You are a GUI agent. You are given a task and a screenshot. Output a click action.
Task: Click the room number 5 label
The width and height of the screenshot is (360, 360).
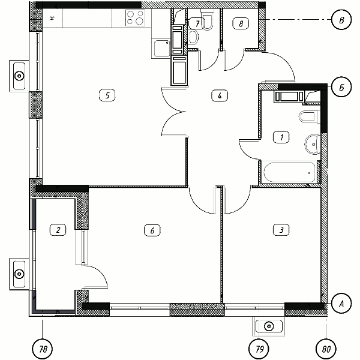point(107,95)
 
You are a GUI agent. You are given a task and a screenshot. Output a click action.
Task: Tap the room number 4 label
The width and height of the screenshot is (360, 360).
point(220,95)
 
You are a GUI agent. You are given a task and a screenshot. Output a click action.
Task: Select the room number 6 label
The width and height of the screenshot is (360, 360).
point(152,230)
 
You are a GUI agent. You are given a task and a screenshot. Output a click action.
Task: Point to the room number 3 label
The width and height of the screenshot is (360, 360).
point(281,230)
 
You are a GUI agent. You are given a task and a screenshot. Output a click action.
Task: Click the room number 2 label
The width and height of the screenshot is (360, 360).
point(58,230)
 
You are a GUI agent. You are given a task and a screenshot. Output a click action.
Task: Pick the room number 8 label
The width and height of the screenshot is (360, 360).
point(241,23)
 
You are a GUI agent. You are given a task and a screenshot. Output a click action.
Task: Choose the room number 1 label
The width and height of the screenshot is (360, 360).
point(281,137)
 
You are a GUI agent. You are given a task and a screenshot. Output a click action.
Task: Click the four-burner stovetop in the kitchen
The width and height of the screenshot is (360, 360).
point(135,17)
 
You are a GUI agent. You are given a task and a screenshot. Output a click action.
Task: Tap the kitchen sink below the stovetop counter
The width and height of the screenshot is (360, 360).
point(162,49)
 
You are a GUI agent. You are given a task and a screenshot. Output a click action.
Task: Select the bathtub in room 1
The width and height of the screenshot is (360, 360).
point(290,172)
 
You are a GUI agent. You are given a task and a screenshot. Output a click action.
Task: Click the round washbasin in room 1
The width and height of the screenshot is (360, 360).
point(313,145)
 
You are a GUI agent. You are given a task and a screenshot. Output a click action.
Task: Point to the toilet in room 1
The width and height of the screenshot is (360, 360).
point(310,117)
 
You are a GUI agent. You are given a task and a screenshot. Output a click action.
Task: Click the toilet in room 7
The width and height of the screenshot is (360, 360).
point(208,20)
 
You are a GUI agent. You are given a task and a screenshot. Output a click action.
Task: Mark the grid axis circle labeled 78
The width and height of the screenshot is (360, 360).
point(42,349)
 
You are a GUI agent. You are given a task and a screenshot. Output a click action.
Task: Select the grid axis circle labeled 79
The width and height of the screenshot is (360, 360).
point(259,349)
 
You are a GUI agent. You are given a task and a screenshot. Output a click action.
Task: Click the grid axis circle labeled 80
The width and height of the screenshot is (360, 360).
point(326,349)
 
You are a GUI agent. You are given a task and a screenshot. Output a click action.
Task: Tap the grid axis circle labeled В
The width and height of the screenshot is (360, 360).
point(341,20)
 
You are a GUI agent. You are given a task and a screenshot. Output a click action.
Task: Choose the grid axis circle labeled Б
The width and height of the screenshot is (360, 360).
point(341,87)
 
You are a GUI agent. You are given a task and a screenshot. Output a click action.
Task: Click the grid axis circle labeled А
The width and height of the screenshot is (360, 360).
point(341,304)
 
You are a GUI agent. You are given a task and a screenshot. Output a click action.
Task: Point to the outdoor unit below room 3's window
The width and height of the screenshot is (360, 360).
point(269,326)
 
